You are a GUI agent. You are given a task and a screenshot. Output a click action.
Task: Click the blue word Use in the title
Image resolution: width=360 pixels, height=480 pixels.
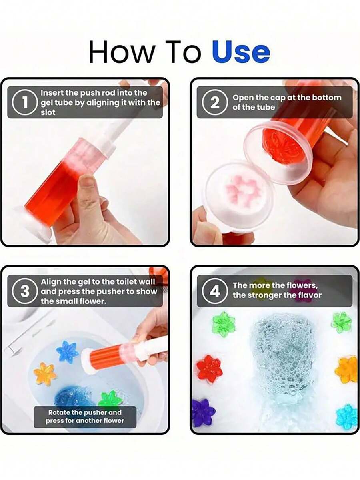[241, 52]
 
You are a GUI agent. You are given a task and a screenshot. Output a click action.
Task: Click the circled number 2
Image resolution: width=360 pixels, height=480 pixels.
[214, 103]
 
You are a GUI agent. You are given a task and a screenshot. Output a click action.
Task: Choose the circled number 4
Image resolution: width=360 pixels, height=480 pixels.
[214, 291]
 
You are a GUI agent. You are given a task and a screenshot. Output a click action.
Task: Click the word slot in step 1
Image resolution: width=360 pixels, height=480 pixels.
[48, 112]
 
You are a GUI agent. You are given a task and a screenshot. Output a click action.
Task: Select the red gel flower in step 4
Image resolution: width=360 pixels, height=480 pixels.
[209, 369]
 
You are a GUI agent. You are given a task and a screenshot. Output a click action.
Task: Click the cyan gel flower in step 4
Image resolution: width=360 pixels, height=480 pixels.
[346, 416]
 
